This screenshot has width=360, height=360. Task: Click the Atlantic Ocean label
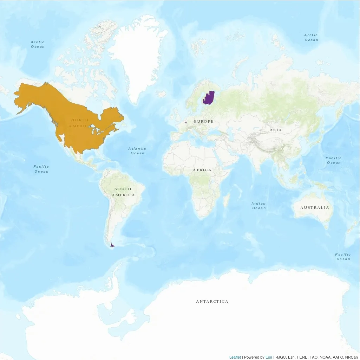tap(137, 151)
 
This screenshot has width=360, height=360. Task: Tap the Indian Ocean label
tap(259, 206)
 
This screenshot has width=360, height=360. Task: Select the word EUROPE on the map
tap(204, 122)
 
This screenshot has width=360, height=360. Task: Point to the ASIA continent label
tap(276, 130)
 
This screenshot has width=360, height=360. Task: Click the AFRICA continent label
tap(202, 170)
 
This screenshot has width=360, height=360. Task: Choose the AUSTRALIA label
tap(315, 208)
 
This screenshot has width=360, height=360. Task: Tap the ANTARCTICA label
tap(212, 302)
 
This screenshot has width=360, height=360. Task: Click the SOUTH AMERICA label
tap(123, 192)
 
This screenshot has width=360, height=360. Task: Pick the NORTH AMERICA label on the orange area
tap(80, 123)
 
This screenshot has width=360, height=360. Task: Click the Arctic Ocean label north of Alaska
tap(38, 44)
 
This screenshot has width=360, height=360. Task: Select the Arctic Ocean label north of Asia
tap(311, 37)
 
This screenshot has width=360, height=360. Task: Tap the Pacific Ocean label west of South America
tap(41, 169)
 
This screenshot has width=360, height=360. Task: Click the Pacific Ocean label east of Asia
tap(334, 160)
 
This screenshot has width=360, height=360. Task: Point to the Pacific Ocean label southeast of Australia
tap(343, 257)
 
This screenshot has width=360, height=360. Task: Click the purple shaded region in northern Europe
tap(209, 98)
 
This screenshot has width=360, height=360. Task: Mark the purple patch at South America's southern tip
tap(112, 245)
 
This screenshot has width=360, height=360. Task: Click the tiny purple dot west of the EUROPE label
tap(185, 122)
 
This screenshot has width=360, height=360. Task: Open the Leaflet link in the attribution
tap(235, 357)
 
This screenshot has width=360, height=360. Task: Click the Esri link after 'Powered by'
tap(269, 357)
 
